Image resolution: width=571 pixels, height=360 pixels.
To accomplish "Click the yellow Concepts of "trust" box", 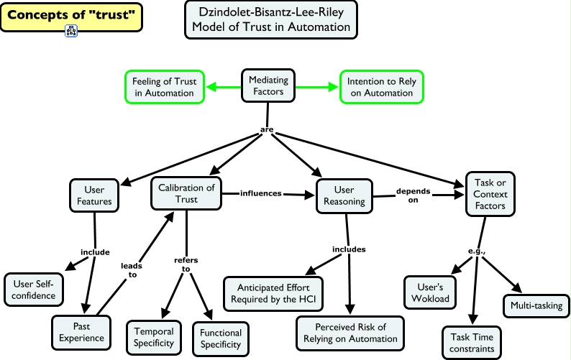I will [71, 16].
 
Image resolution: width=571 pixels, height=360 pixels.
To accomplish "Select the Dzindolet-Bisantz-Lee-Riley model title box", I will [270, 19].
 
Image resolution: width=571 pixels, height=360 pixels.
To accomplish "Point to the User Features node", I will [94, 195].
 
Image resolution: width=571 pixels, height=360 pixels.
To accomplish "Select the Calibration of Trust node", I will [186, 193].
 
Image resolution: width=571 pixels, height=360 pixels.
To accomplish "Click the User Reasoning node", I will [345, 195].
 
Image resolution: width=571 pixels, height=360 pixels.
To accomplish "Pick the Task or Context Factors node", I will [490, 194].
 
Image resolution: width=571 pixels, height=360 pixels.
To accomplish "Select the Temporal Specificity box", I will [155, 337].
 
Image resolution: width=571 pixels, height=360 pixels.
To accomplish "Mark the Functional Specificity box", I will [221, 338].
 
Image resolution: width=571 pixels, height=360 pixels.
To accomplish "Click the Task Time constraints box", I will [471, 343].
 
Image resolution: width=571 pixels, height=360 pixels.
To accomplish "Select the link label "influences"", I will [261, 193].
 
